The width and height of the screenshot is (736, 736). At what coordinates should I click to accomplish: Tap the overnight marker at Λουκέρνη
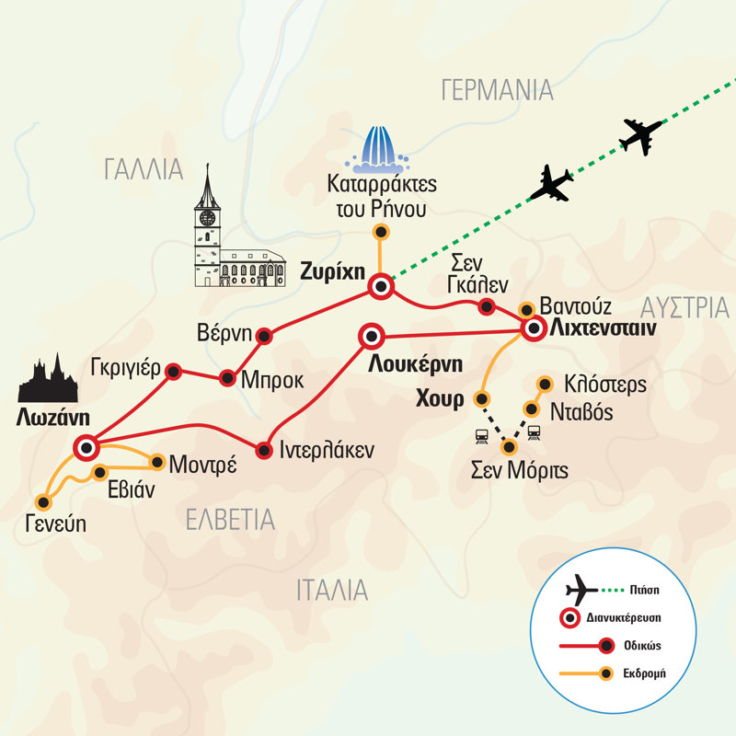point(373,336)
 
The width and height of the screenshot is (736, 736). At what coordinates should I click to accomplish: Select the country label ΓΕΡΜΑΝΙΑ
point(497,90)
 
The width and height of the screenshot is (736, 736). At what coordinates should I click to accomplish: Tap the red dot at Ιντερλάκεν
point(264,450)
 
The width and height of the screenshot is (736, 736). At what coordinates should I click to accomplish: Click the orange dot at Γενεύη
point(42,501)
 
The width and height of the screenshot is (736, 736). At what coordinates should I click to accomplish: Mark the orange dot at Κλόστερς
point(545,384)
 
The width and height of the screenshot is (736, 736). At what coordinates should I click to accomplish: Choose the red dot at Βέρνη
point(264,335)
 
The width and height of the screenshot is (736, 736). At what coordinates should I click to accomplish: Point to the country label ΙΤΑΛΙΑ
point(332,591)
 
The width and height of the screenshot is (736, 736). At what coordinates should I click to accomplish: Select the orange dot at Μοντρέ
point(157,463)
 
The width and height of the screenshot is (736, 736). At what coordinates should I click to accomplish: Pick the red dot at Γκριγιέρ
point(171,370)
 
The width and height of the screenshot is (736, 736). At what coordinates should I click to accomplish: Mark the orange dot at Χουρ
point(480,399)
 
